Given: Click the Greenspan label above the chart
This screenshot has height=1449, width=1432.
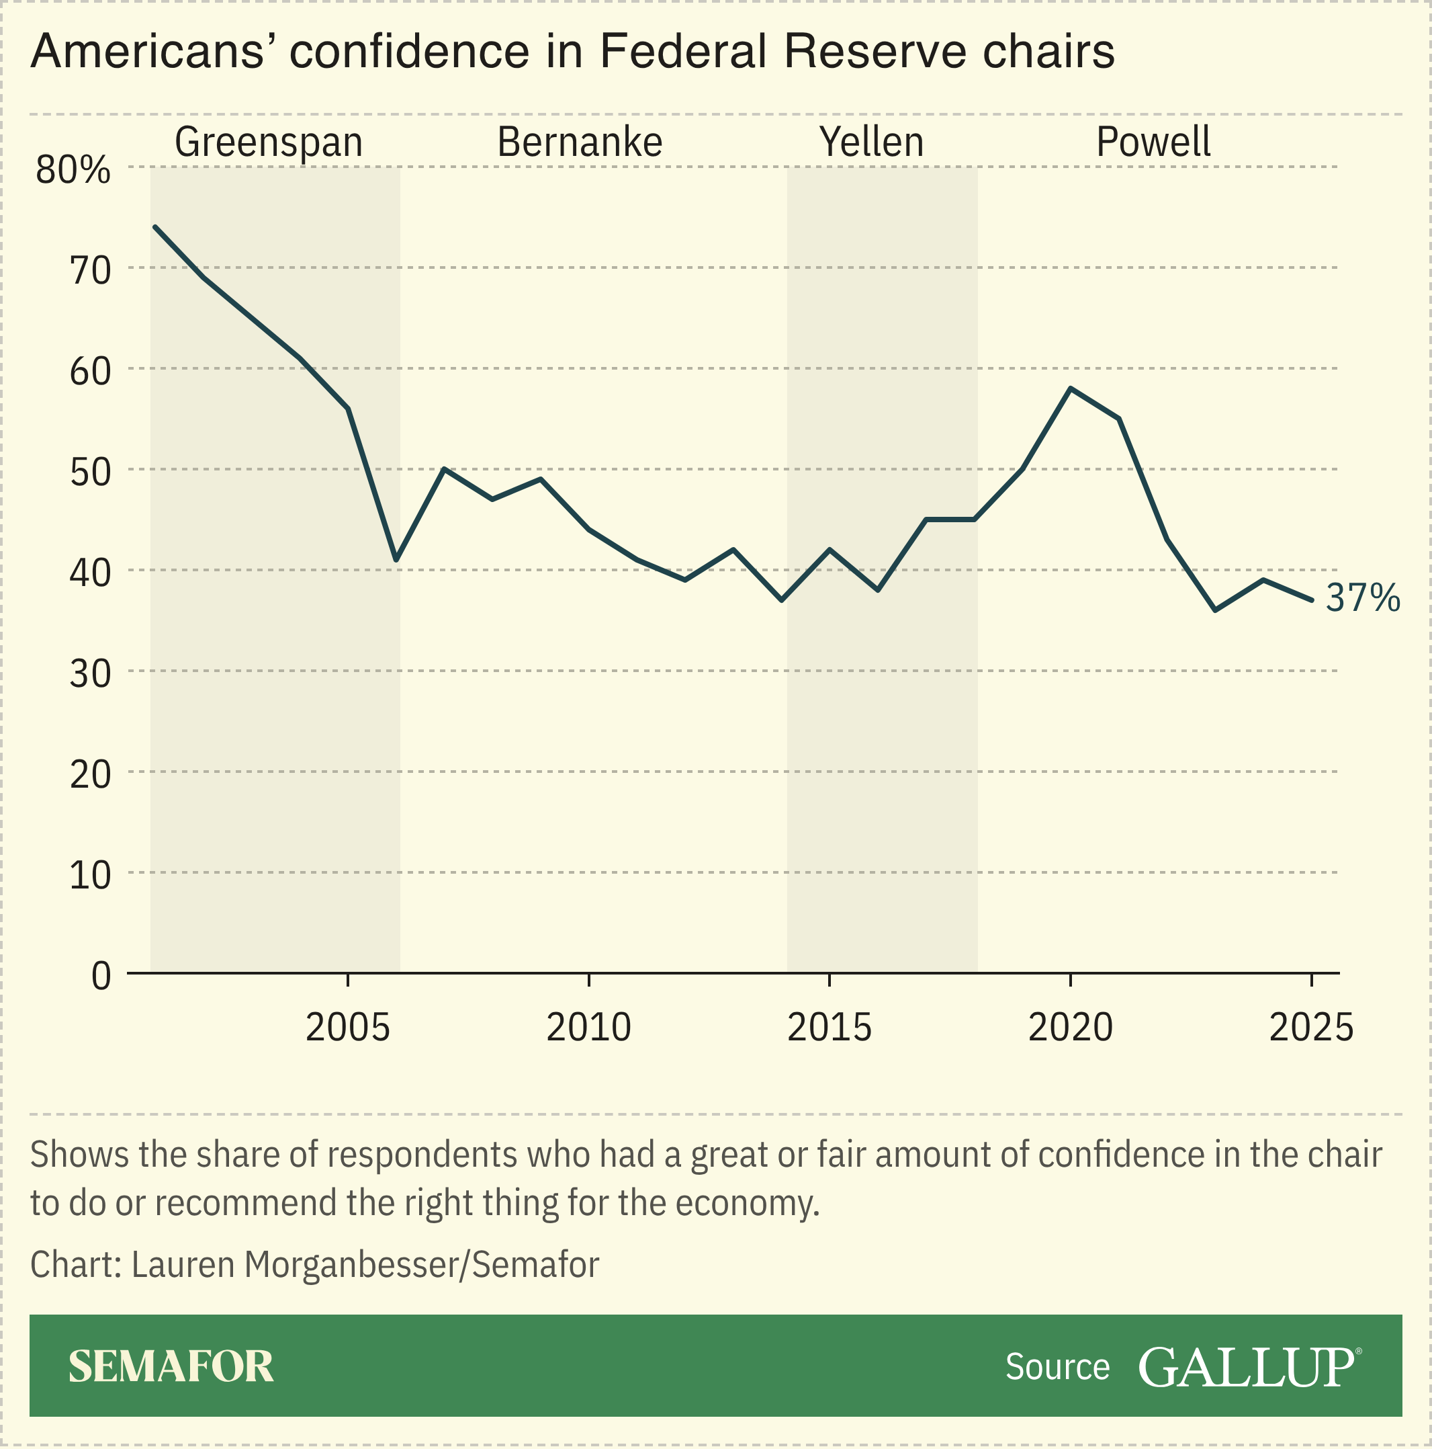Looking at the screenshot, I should pos(269,142).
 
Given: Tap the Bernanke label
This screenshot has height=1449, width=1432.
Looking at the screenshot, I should pos(580,142).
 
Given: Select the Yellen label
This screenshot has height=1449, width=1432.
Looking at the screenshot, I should pos(871,142).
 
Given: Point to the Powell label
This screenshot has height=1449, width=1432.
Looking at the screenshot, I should pos(1153,142).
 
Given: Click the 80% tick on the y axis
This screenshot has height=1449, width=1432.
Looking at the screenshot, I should pos(73,171).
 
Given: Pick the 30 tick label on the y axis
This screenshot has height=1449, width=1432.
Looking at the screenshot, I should pos(90,674).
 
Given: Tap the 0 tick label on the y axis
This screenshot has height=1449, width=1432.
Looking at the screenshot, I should pos(101,977).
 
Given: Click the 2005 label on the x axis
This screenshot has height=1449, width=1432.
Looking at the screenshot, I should pos(348,1028).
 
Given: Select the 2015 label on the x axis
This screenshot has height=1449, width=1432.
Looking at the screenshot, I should pos(830,1028).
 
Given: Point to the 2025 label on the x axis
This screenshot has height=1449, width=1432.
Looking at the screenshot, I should pos(1311,1028).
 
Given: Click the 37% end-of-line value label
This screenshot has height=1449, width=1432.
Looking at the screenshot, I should pos(1362,599).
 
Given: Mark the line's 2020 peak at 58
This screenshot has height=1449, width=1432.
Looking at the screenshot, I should pos(1071,388).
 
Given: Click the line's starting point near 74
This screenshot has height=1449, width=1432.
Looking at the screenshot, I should pos(154,226).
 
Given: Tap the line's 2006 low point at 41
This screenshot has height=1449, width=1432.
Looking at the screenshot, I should pos(396,559).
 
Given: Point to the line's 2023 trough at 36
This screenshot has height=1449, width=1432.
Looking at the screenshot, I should pos(1214,610).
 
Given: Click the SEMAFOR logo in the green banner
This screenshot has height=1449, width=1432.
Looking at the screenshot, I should pos(171,1366).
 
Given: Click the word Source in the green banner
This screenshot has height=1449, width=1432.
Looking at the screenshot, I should pos(1057,1367).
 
